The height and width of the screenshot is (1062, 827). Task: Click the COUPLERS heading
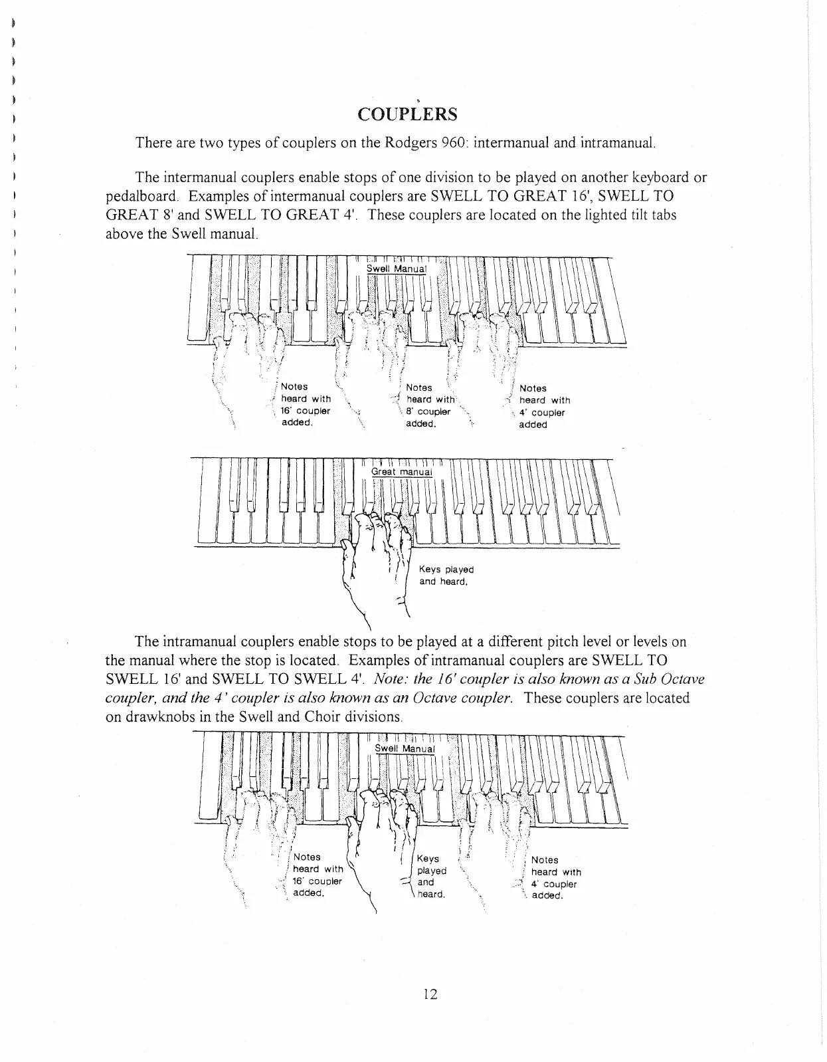tap(407, 114)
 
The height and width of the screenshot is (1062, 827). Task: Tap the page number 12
tap(429, 994)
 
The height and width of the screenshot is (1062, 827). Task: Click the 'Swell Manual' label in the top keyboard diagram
tap(396, 268)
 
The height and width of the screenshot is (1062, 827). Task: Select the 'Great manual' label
tap(401, 472)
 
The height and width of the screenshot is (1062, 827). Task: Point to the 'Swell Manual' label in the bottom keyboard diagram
tap(405, 749)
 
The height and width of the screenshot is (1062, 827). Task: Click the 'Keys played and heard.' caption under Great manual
tap(446, 576)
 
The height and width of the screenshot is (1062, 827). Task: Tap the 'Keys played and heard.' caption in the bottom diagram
tap(431, 877)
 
